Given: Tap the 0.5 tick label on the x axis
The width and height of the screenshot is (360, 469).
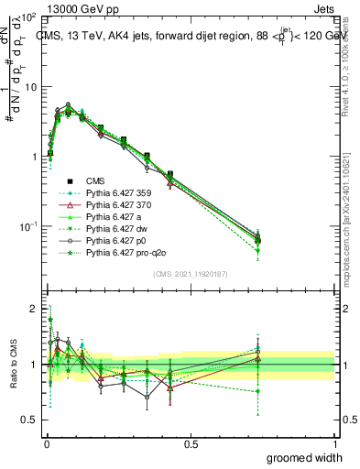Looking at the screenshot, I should tap(191, 443).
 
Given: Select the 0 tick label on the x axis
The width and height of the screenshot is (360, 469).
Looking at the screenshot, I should tap(46, 443).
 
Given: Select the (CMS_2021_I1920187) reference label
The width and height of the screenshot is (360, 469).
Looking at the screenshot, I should tap(191, 273).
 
